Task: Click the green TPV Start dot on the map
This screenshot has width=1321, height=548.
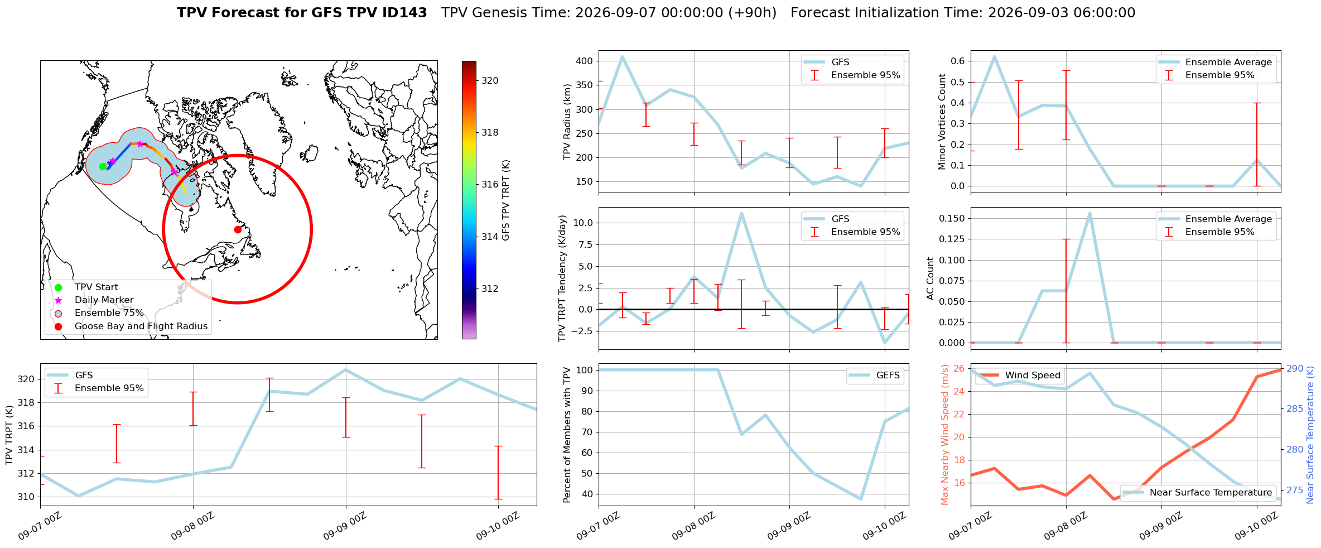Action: coord(103,166)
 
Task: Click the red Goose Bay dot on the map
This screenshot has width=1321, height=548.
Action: coord(238,229)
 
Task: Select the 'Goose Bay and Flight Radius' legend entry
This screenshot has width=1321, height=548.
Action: coord(141,326)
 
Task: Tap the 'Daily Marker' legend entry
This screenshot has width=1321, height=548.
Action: coord(104,300)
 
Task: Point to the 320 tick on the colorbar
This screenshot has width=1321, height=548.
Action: coord(490,80)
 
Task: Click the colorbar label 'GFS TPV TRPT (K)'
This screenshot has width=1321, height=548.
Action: coord(506,200)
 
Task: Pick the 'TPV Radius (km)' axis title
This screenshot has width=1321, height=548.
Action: coord(567,122)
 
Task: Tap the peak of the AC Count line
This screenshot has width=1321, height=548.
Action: coord(1089,213)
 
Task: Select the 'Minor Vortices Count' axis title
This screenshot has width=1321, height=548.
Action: coord(942,122)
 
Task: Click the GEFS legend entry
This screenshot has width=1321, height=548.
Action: coord(874,376)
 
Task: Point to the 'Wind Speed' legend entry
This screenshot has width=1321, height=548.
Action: coord(1020,376)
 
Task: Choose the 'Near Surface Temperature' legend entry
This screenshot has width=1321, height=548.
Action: coord(1197,492)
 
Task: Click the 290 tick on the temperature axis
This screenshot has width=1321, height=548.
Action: coord(1295,368)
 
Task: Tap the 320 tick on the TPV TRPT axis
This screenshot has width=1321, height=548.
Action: coord(26,379)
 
